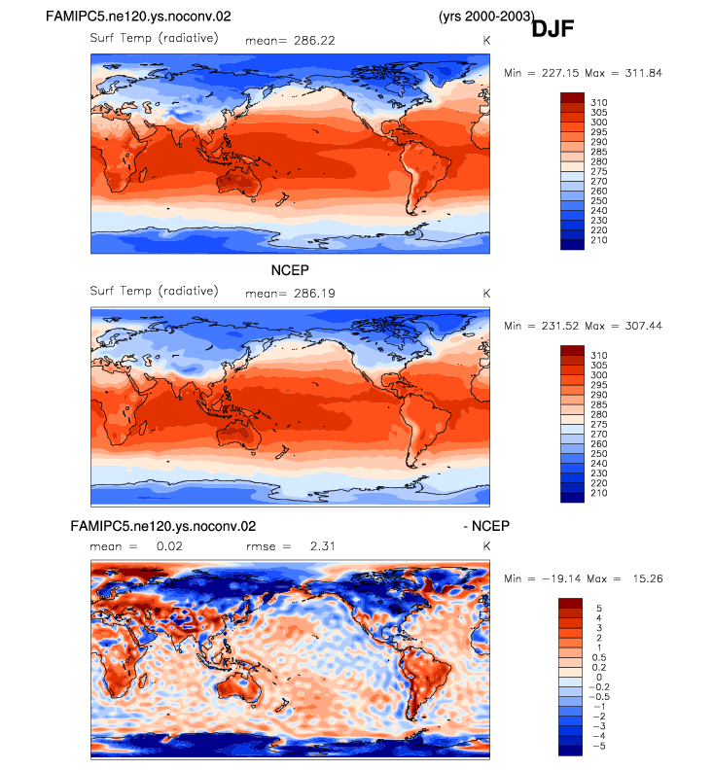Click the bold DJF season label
pos(553,28)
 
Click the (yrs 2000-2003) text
pos(486,17)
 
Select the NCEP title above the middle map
pos(290,270)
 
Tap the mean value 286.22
pos(314,41)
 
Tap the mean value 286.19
pos(314,294)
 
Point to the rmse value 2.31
pos(322,546)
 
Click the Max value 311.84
pos(643,73)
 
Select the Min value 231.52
pos(560,326)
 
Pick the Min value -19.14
pos(560,579)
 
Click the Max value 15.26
pos(648,579)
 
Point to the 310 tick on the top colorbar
pos(599,103)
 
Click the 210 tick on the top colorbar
pos(599,240)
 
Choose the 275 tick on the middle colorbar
pos(599,424)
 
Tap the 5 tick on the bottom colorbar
pos(599,609)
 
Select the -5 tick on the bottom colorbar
pos(599,746)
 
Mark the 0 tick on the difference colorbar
pos(599,678)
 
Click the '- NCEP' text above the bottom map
pos(486,526)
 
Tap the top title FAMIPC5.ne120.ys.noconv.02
pos(138,17)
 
